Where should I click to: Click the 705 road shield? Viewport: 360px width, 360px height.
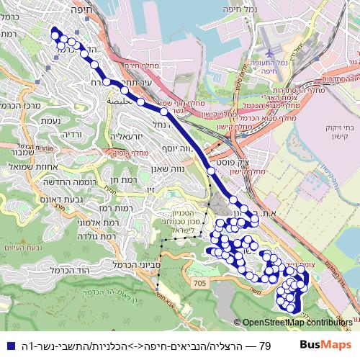(x=199, y=285)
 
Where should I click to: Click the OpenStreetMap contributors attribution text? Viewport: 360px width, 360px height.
(x=297, y=323)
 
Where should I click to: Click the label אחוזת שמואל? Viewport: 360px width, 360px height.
(x=27, y=166)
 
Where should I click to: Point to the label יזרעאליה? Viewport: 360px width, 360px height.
(x=127, y=135)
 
